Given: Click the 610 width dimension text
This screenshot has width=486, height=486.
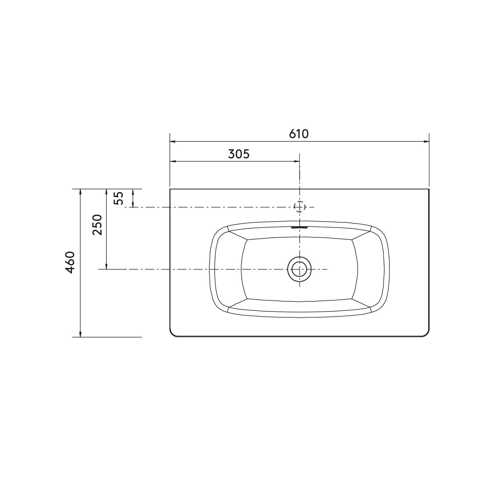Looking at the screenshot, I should (x=299, y=134).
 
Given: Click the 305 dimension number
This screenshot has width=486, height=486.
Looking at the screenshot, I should (x=239, y=154).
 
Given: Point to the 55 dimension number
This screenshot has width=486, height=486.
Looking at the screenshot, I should (x=119, y=198).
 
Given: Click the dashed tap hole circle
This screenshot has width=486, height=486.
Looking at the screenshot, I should (x=299, y=207).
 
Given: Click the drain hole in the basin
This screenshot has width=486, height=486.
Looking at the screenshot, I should (x=299, y=269).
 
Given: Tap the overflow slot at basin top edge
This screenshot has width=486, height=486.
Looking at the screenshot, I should (x=299, y=228).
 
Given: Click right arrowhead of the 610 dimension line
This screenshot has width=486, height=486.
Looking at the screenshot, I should (x=426, y=141).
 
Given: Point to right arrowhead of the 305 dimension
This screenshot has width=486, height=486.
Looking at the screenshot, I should (x=297, y=161).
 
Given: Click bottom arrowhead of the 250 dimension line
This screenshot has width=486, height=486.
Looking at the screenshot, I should (x=106, y=266).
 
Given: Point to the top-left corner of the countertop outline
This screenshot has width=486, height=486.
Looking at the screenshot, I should (x=170, y=189).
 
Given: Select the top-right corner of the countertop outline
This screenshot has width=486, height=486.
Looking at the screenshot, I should (x=429, y=189).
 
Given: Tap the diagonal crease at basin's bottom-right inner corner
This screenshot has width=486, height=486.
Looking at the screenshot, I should (x=361, y=303).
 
